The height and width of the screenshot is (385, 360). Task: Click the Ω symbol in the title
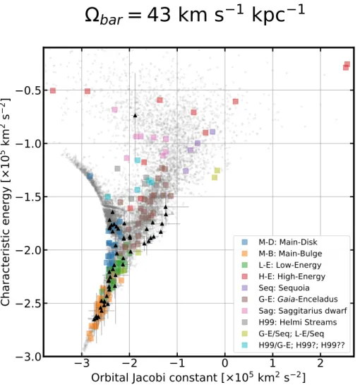pos(92,16)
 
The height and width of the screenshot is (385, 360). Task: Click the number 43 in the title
pos(159,15)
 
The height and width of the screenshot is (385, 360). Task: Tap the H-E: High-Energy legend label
pos(292,276)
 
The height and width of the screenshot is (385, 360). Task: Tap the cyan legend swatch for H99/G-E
pos(245,345)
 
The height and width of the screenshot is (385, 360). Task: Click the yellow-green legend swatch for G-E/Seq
pos(245,333)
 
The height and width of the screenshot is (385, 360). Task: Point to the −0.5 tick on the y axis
pos(28,90)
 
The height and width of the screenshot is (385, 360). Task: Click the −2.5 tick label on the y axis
pos(28,304)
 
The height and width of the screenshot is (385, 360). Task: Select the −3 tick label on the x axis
pos(82,363)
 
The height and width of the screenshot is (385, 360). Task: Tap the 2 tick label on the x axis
pos(320,363)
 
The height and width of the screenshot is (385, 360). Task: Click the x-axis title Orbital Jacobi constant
pos(155,377)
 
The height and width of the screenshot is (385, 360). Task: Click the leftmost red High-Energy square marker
pos(53,90)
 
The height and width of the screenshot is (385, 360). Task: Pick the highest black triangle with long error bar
pos(135,115)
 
